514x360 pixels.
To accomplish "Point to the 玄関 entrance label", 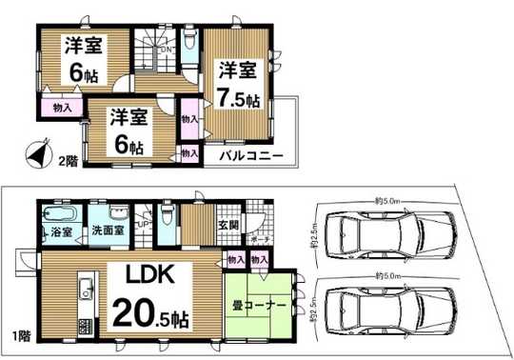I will coord(230,225).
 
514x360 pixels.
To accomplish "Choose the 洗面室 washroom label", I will coord(110,231).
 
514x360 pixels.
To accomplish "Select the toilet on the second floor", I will coord(189,41).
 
